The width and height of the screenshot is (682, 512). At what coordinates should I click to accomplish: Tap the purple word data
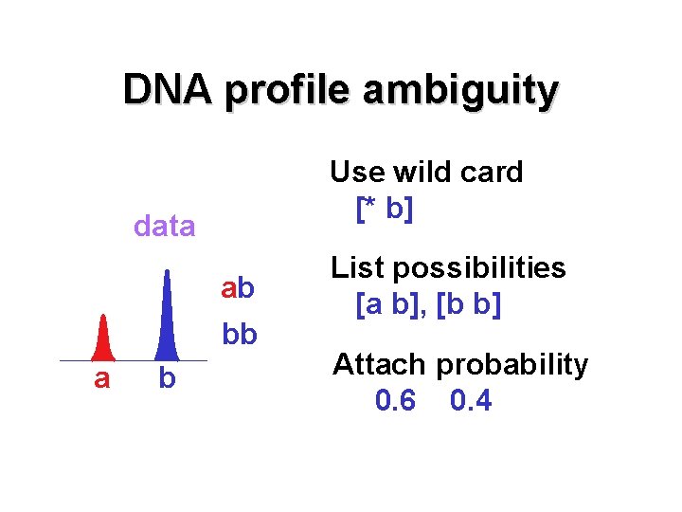(165, 226)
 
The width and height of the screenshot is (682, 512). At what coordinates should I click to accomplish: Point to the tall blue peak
(167, 318)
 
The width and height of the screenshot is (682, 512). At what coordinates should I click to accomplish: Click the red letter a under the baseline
(101, 379)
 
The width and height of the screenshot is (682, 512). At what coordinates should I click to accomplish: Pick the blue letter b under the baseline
(167, 379)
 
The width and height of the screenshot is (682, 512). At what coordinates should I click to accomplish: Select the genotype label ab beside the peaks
(239, 287)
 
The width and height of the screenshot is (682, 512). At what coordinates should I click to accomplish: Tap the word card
(490, 172)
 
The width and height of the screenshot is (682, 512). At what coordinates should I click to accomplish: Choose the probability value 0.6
(395, 401)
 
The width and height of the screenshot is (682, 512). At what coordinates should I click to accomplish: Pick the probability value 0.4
(471, 401)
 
